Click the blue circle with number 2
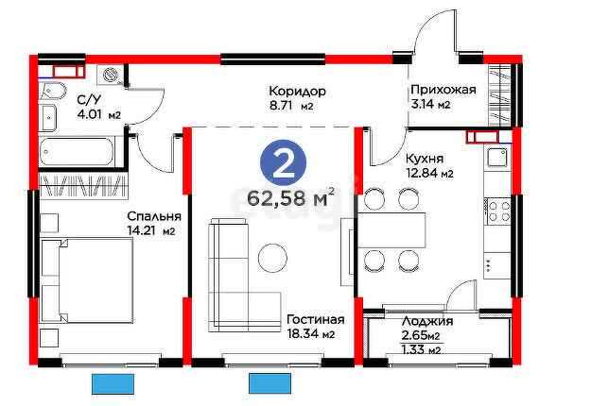pos(283,163)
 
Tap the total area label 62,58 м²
pos(290,197)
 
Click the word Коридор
pos(297,92)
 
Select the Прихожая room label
pos(443,90)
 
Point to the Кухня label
pos(425,159)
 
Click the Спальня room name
pos(154,216)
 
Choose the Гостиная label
pos(316,319)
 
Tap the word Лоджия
pos(427,321)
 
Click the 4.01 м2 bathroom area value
pos(98,114)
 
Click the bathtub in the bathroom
pos(77,151)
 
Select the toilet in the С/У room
pos(53,91)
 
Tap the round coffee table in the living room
pos(273,258)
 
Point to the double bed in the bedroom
pos(87,280)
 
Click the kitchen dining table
pos(391,230)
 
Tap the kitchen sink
pos(497,158)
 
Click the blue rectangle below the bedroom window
pos(113,383)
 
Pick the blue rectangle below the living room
pos(269,383)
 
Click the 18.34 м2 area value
pos(310,333)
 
